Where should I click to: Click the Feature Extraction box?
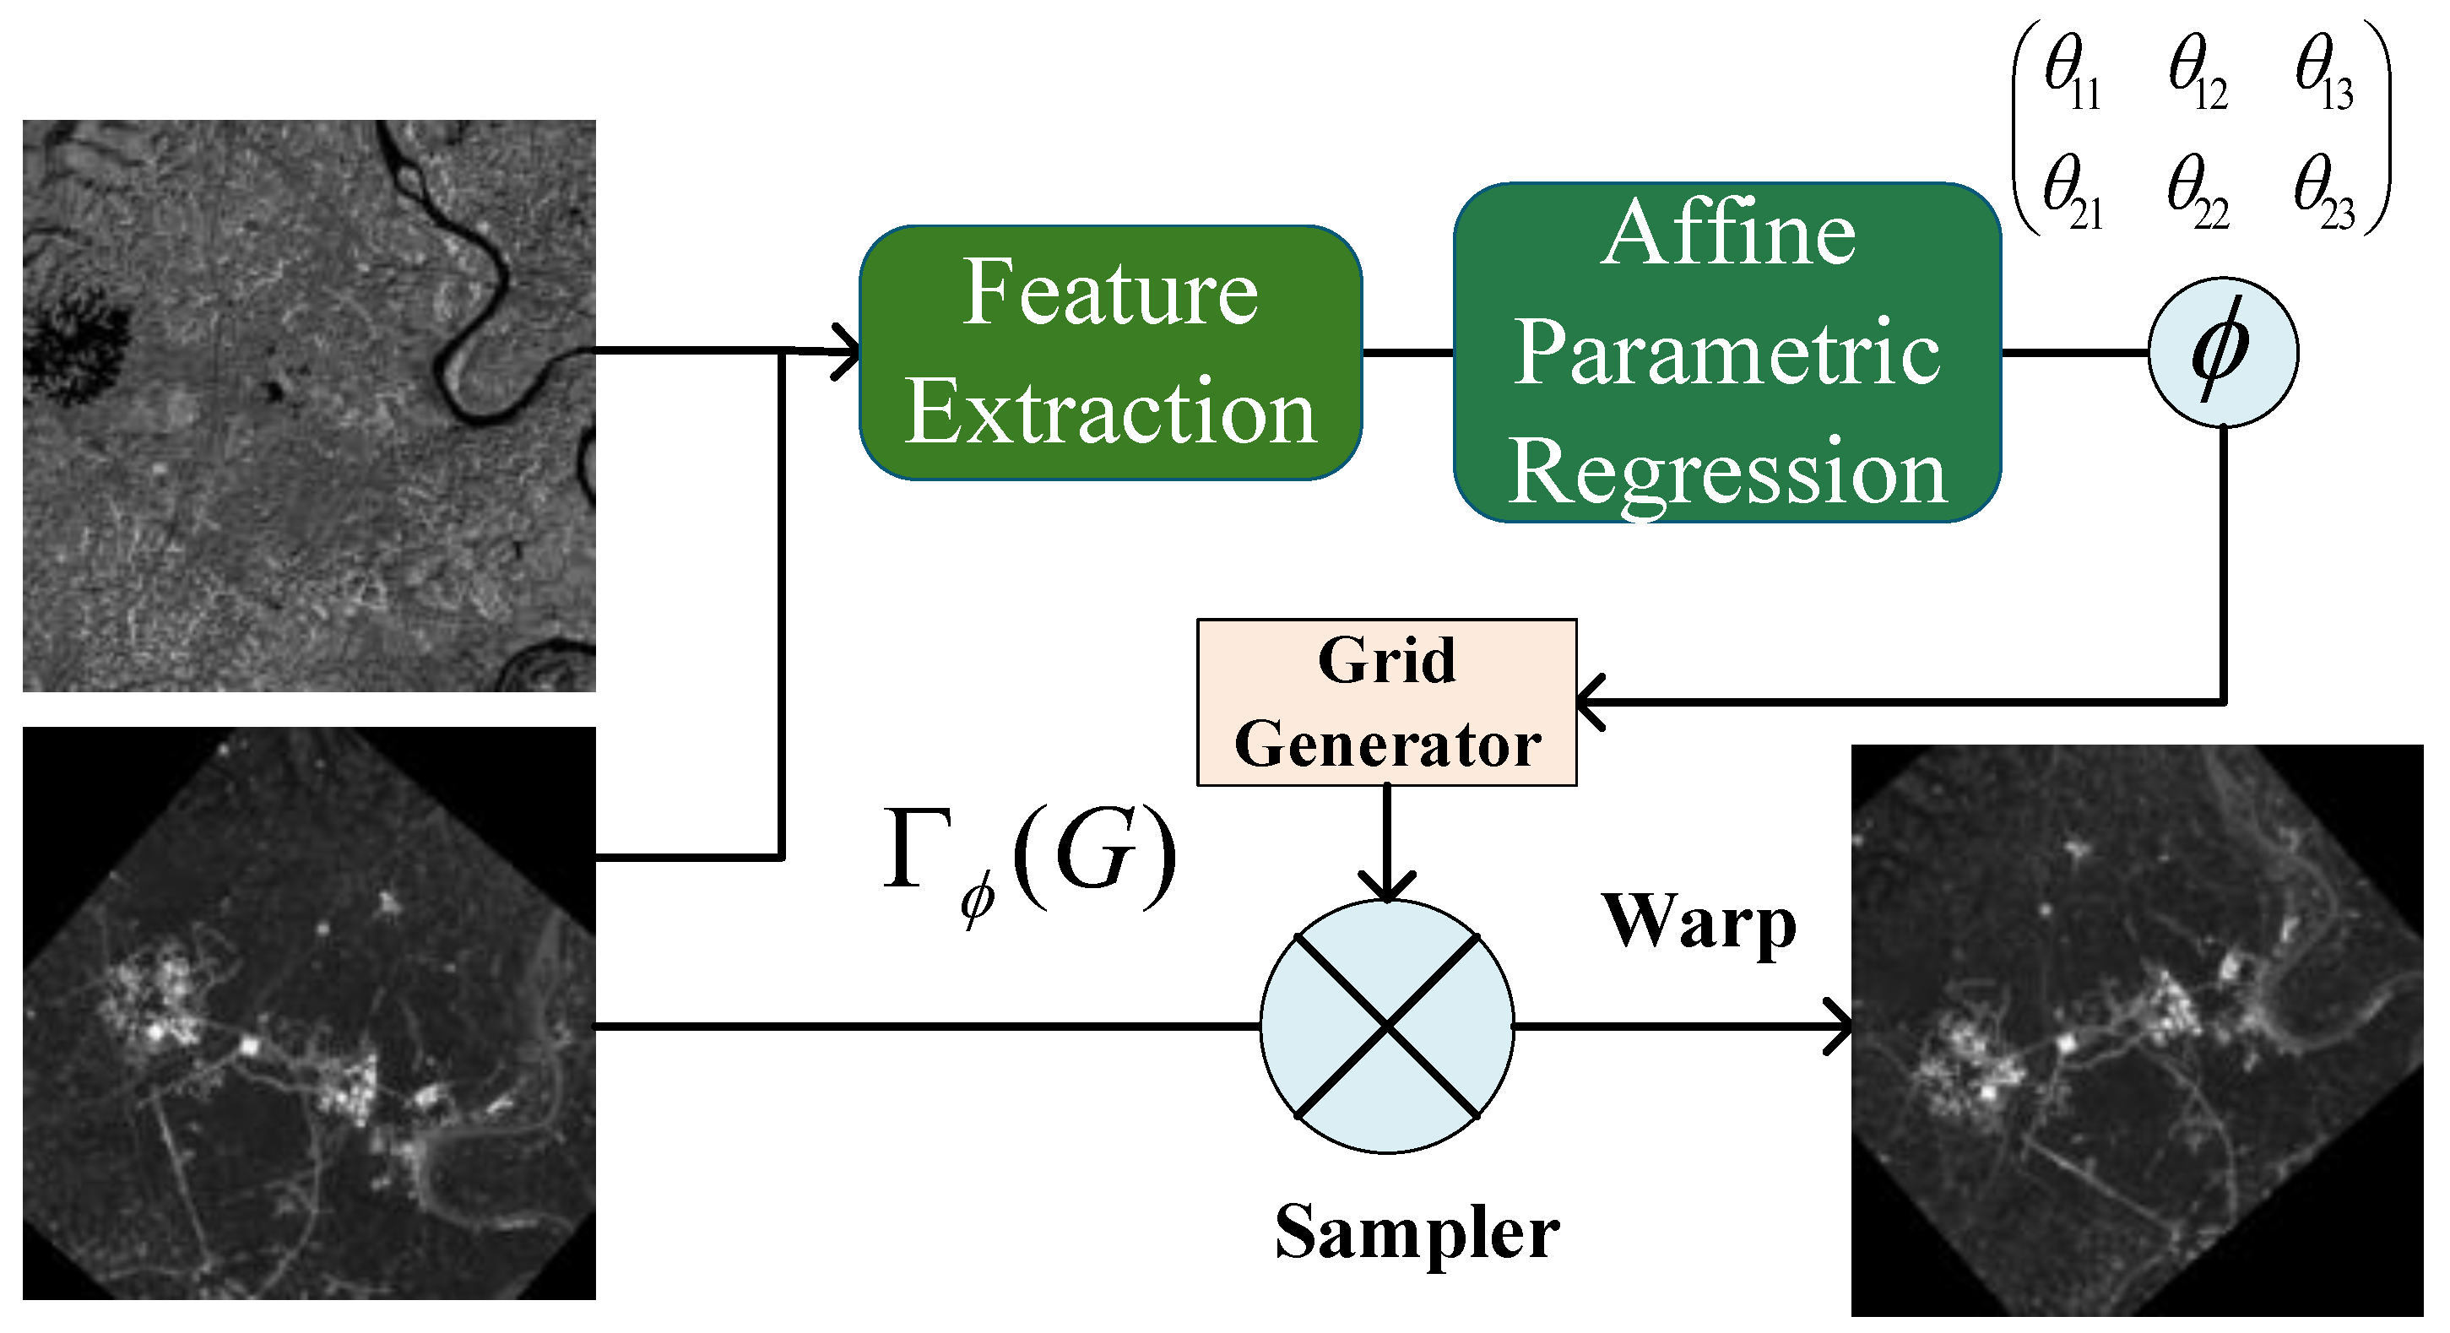pos(1110,353)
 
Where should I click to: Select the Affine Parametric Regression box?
pos(1727,353)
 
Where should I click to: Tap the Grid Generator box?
pos(1385,702)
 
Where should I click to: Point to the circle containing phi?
pos(2223,353)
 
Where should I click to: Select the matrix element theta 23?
pos(2323,195)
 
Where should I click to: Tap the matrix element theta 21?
pos(2072,195)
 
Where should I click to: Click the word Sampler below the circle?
pos(1416,1231)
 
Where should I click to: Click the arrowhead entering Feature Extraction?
pos(847,353)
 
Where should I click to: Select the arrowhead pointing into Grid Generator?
pos(1591,702)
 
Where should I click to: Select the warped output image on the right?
pos(2136,1031)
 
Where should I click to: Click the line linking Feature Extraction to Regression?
pos(1407,353)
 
